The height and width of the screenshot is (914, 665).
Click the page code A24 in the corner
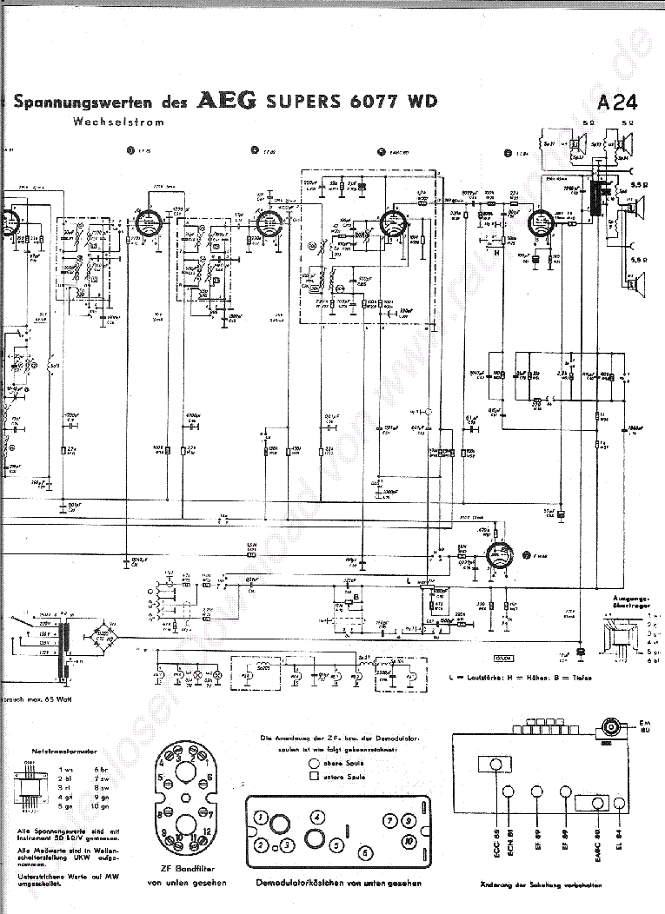point(618,103)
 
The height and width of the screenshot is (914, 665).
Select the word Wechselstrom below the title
point(119,123)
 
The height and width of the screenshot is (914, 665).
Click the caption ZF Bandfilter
point(189,870)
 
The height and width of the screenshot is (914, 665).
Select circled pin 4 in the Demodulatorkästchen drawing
point(318,818)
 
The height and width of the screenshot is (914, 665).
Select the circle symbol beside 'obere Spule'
point(313,762)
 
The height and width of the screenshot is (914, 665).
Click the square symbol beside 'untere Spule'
point(313,777)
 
